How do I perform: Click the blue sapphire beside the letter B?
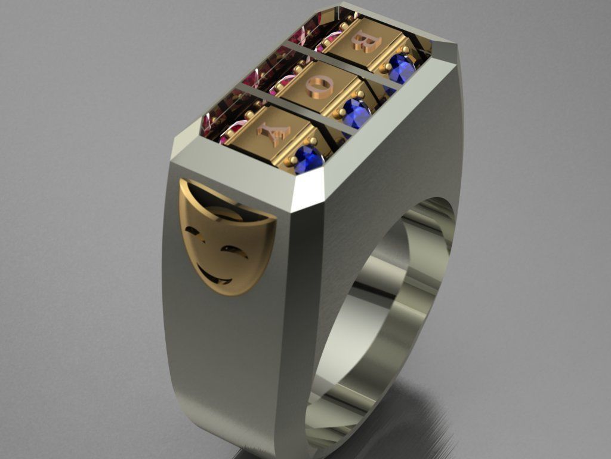401,69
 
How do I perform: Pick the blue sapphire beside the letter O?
356,112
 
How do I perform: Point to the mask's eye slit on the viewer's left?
192,231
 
